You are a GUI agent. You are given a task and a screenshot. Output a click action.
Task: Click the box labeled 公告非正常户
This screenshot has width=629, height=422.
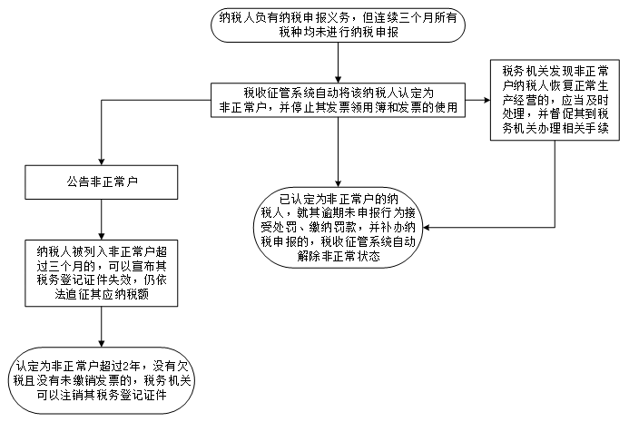click(101, 182)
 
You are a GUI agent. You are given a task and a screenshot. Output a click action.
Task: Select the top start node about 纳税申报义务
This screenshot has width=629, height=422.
click(338, 25)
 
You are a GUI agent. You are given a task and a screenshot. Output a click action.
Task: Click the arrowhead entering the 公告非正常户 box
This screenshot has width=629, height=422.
click(101, 162)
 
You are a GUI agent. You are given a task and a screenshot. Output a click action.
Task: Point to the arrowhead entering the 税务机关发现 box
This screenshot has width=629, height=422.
click(486, 100)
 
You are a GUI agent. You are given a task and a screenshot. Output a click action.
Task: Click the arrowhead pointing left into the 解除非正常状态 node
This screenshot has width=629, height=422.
click(427, 228)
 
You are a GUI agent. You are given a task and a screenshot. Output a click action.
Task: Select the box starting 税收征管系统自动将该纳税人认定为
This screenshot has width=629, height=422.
click(338, 100)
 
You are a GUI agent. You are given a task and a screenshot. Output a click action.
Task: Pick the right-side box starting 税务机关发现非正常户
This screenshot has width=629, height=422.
click(555, 100)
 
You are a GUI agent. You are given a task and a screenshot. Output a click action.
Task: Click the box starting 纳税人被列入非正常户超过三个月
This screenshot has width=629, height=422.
click(101, 273)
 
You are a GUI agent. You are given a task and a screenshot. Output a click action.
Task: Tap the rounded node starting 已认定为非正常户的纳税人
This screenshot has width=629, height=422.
click(338, 228)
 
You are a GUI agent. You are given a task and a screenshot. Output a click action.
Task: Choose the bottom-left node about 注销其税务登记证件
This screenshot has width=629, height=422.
click(101, 380)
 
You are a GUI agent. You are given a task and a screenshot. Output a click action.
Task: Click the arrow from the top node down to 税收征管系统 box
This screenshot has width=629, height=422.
click(338, 63)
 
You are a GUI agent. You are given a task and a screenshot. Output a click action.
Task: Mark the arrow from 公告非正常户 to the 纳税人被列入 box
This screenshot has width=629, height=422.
click(101, 220)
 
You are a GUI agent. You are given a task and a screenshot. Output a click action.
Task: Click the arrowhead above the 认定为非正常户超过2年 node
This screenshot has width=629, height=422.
click(101, 343)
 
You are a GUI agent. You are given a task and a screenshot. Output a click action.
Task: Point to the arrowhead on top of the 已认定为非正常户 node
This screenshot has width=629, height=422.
click(338, 183)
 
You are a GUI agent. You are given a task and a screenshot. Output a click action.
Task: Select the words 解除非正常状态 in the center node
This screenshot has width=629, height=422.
click(339, 256)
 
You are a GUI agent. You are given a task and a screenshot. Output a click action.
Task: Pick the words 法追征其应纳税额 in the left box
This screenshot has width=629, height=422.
click(102, 294)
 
